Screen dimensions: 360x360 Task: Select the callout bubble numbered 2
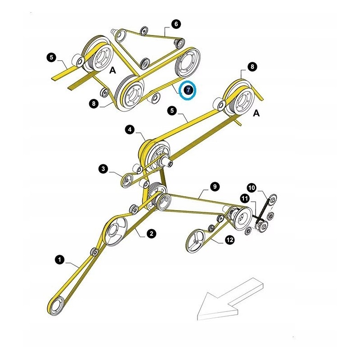(x=151, y=233)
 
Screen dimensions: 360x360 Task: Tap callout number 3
(x=104, y=169)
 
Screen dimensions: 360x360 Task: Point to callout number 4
(x=130, y=130)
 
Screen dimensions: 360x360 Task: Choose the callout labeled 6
(x=175, y=23)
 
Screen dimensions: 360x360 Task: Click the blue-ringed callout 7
(x=188, y=90)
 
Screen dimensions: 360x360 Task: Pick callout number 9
(x=214, y=186)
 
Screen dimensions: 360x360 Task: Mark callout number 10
(x=251, y=187)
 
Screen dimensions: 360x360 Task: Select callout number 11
(x=244, y=198)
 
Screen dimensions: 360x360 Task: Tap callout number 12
(x=229, y=240)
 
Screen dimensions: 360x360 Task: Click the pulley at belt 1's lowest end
(x=57, y=307)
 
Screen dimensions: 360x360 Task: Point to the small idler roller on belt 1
(x=94, y=251)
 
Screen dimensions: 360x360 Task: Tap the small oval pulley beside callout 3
(x=128, y=180)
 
